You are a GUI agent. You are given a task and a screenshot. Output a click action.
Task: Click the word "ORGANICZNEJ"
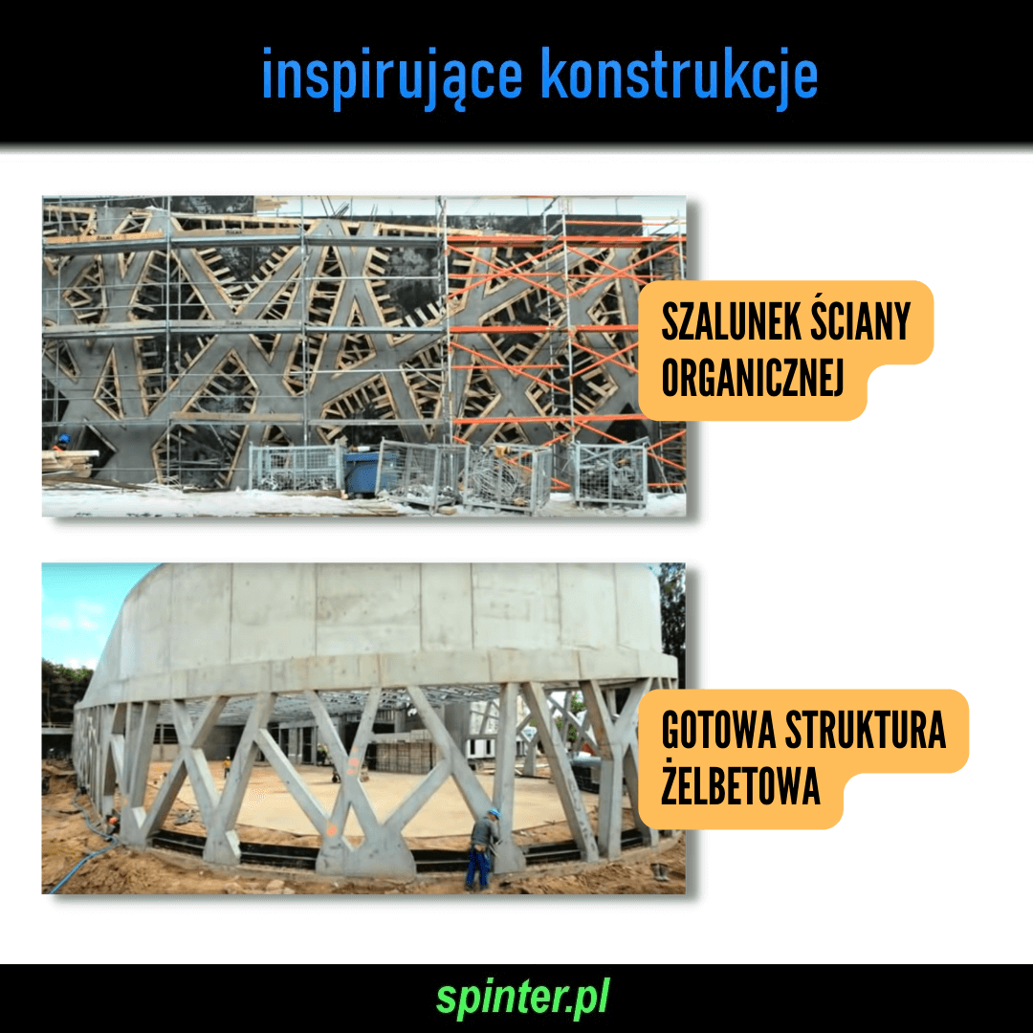tap(753, 378)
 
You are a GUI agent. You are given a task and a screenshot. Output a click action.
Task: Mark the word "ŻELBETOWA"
tap(740, 784)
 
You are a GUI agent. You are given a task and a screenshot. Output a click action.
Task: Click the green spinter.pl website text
tap(523, 998)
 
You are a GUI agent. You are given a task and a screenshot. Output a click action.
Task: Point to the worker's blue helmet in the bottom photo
tap(494, 814)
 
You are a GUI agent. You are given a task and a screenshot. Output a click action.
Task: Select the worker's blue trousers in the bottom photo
tap(477, 867)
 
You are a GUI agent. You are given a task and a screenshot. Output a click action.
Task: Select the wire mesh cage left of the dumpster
tap(296, 467)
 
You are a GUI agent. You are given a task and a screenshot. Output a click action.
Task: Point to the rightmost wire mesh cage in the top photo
tap(609, 474)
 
